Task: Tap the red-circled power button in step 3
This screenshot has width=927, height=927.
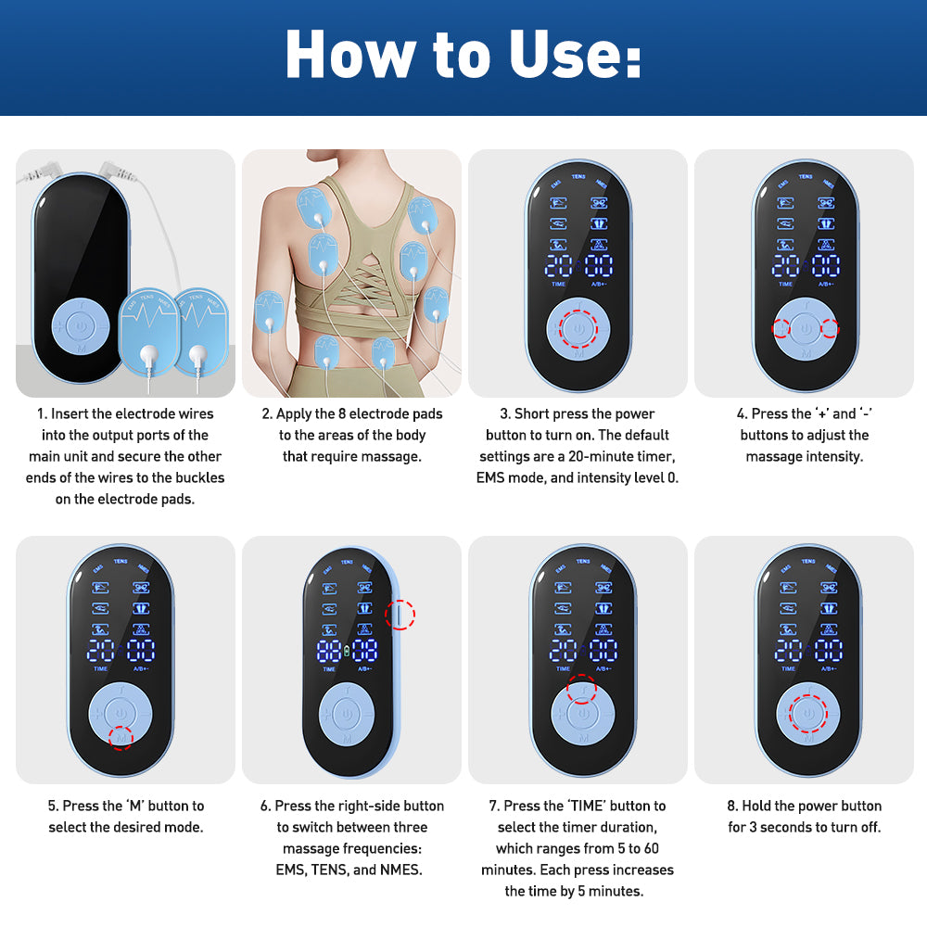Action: [579, 328]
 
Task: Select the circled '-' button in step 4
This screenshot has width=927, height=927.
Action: [828, 328]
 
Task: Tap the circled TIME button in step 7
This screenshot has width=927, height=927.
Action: [581, 690]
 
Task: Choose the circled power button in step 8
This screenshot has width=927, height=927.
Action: [806, 714]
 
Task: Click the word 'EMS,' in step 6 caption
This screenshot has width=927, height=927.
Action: [297, 870]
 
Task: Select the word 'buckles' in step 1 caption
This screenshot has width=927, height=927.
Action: [201, 478]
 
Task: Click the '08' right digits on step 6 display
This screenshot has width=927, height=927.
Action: [364, 651]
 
